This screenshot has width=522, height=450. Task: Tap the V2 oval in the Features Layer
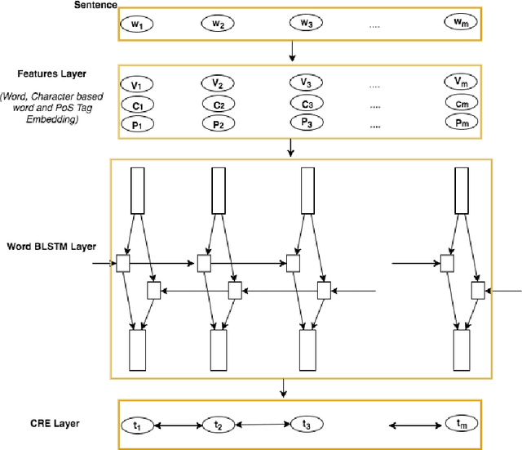217,84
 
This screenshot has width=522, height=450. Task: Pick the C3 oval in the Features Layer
304,104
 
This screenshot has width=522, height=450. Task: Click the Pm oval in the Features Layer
458,122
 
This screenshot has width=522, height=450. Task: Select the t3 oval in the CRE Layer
304,424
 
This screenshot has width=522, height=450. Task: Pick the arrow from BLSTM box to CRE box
283,389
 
